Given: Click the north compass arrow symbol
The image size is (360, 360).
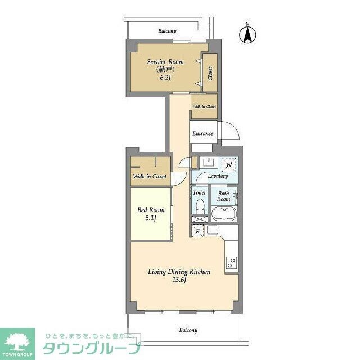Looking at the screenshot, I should (246, 34).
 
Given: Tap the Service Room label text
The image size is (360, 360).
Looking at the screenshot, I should (165, 61).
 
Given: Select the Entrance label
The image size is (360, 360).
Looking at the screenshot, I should (202, 133).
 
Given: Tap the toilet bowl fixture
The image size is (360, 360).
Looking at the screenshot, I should (199, 207).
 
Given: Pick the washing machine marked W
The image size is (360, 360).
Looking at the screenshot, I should (228, 165).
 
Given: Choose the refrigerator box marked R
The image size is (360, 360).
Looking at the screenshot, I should (197, 230).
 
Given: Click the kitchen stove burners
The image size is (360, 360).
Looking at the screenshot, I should (231, 262).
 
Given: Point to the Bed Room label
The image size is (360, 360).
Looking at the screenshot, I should (151, 210).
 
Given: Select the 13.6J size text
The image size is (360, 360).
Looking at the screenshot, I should (178, 280).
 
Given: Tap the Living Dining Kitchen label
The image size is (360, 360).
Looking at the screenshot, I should (179, 272).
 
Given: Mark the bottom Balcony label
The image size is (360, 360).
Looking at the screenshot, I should (188, 330).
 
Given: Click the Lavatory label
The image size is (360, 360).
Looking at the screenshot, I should (218, 176).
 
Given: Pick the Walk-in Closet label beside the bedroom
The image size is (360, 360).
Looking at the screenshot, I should (150, 177).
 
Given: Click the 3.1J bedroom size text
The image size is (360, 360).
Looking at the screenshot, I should (151, 218).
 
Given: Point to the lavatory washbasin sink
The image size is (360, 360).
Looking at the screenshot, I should (208, 163).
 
